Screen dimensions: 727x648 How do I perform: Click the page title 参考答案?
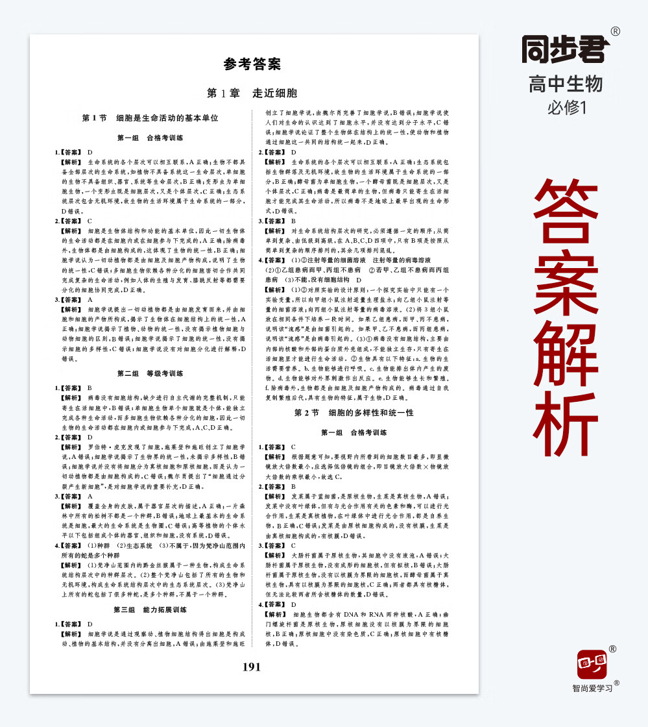[x=252, y=64]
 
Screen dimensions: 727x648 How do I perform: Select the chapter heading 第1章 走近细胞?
[x=252, y=93]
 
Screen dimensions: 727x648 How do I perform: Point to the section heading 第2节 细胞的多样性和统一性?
[x=354, y=412]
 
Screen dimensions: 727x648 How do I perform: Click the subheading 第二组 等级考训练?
[x=150, y=373]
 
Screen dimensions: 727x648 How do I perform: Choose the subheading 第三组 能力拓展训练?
[x=150, y=610]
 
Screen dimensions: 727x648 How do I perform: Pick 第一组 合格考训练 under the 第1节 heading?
[x=150, y=138]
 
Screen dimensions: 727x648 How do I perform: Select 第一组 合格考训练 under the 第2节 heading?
[x=354, y=432]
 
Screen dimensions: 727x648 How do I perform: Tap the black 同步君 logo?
[x=566, y=50]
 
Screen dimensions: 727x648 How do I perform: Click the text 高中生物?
[x=566, y=84]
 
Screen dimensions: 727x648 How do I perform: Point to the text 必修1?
[x=566, y=107]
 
